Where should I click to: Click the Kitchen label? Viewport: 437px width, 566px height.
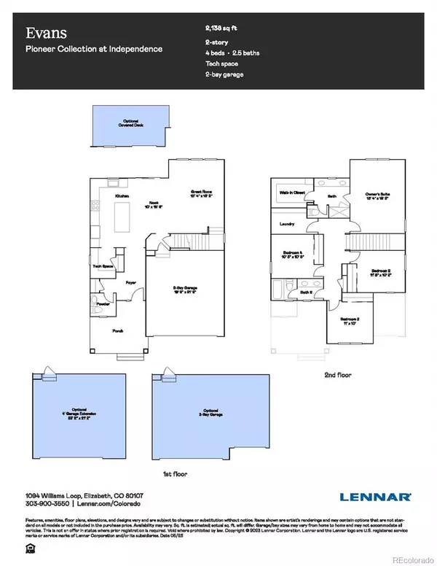(x=122, y=197)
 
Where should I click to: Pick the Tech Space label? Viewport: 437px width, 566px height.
(x=103, y=267)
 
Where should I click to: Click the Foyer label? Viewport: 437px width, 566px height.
(x=131, y=281)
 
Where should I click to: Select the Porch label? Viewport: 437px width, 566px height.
(x=119, y=330)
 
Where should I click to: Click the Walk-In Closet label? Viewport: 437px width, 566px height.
(x=291, y=193)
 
